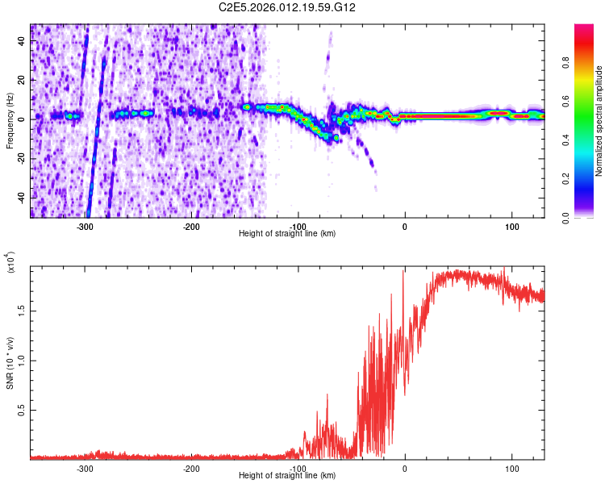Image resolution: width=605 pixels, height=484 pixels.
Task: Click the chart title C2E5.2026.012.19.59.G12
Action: (287, 8)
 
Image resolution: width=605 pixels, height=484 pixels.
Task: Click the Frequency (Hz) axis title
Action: (10, 121)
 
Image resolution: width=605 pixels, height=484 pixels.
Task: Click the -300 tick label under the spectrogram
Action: (85, 227)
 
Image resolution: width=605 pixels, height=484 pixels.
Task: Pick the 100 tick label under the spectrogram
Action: (511, 227)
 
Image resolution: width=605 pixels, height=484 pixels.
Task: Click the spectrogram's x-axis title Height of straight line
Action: (287, 234)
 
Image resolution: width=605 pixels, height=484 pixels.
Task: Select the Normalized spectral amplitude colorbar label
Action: (599, 121)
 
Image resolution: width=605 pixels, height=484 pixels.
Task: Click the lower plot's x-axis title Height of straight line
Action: (287, 476)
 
